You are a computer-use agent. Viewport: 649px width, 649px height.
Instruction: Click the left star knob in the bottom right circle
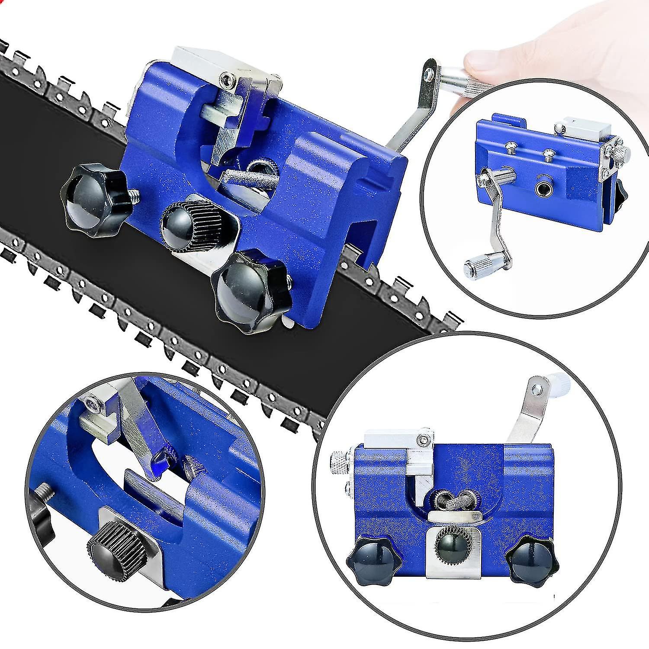[367, 562]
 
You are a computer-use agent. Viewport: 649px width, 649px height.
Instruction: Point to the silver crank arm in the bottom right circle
[526, 415]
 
